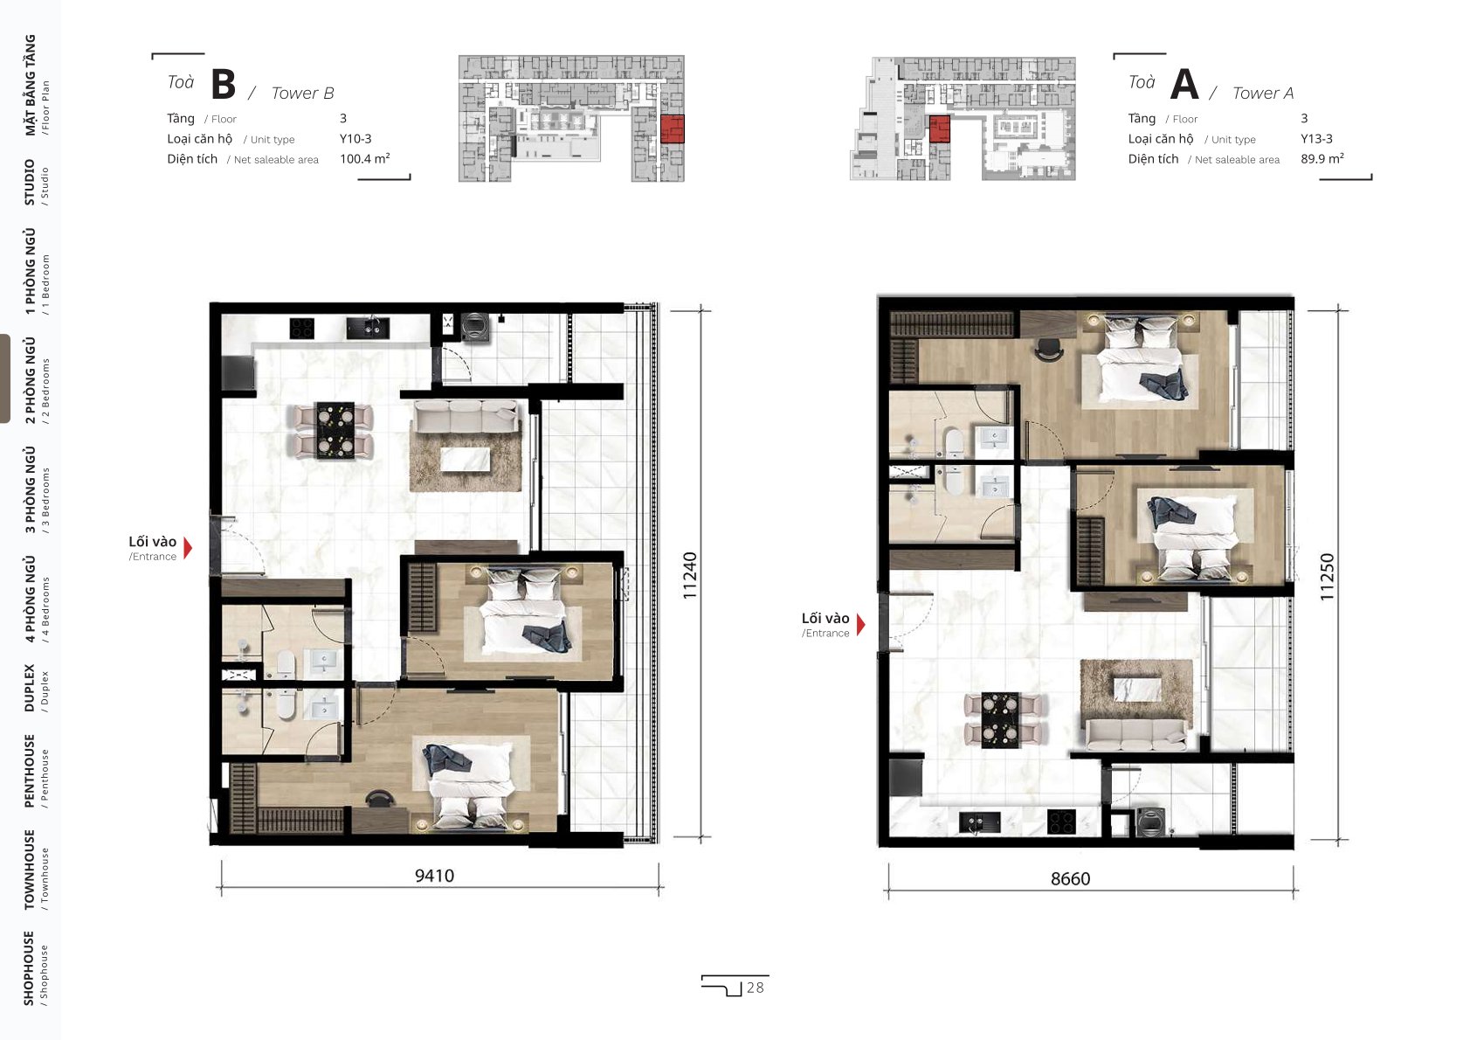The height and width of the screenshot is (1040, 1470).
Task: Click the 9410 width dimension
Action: pos(434,875)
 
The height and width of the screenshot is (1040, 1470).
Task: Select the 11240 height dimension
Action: pos(690,575)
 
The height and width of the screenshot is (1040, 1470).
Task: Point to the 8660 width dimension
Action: pos(1070,878)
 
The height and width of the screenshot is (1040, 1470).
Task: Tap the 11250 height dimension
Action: pos(1327,577)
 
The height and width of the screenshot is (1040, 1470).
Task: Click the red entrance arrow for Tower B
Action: pos(189,548)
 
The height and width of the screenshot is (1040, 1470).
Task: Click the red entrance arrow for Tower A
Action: pos(861,624)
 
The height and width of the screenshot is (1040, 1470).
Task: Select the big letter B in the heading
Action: pos(223,84)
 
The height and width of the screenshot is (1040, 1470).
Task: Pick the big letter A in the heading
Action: pos(1184,84)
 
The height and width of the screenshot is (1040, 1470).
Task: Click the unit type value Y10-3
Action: pos(355,139)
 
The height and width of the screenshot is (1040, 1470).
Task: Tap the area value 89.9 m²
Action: pos(1322,158)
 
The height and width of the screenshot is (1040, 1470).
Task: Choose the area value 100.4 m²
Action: pos(365,158)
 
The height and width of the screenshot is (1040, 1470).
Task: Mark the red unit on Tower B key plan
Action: pos(672,128)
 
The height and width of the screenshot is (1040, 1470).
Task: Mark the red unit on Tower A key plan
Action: pos(940,128)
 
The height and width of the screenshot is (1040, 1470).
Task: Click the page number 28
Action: pos(756,988)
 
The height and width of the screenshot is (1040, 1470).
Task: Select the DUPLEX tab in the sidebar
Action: pos(30,688)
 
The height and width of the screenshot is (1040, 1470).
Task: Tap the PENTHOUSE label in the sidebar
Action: pos(30,771)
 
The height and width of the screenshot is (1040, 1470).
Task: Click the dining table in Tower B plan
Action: pos(335,430)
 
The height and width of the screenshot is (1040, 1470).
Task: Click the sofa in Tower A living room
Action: pos(1135,734)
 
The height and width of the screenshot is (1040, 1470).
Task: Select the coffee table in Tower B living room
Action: pos(466,459)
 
